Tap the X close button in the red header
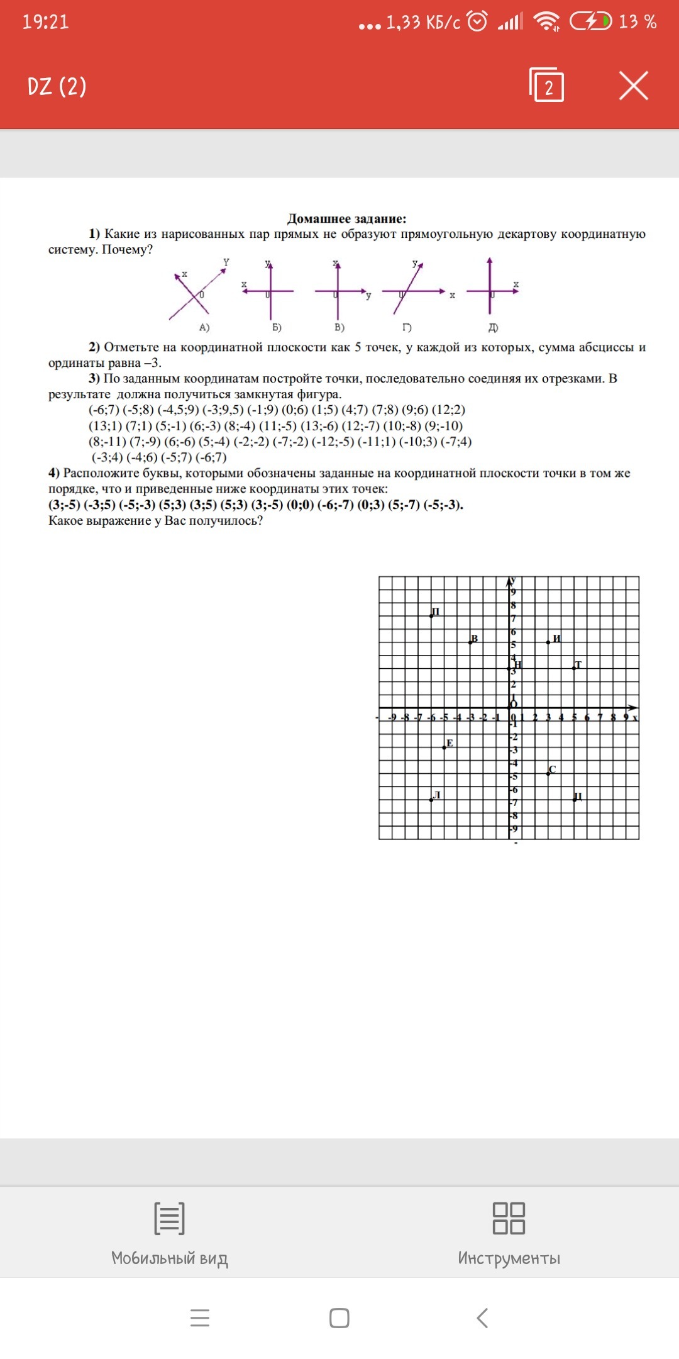click(x=633, y=86)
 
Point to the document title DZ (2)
click(x=57, y=86)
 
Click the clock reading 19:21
click(x=45, y=22)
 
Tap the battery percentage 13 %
click(x=638, y=22)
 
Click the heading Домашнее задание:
click(x=346, y=219)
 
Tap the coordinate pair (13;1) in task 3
click(x=105, y=426)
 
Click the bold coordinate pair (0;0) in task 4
click(x=300, y=505)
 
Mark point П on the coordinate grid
click(x=432, y=615)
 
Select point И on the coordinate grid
click(x=549, y=642)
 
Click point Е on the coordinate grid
click(x=445, y=747)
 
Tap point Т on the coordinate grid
click(x=575, y=668)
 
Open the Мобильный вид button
click(x=169, y=1233)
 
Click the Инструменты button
click(x=509, y=1233)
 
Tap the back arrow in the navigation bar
click(x=482, y=1317)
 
